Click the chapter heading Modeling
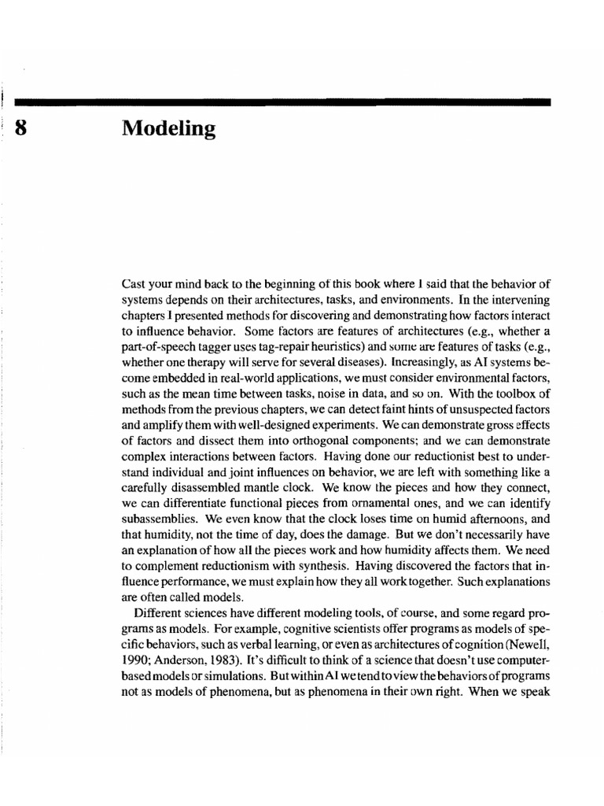(x=169, y=129)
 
